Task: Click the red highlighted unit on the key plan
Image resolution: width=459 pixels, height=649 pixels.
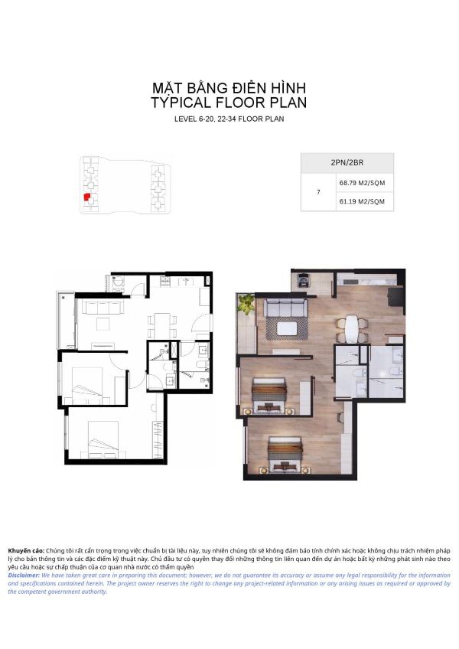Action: click(87, 197)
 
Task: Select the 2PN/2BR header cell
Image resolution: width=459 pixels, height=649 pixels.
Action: click(347, 163)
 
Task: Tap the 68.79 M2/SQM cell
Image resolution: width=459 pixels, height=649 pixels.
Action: click(362, 183)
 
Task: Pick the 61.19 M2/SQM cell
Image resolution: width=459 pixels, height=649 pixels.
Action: click(362, 201)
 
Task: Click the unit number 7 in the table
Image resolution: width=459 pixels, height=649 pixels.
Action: click(318, 192)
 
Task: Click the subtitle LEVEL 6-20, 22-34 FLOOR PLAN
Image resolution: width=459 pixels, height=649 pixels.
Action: click(229, 119)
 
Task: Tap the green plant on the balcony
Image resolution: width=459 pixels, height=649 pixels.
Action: click(246, 303)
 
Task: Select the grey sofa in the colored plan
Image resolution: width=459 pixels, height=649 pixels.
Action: click(285, 308)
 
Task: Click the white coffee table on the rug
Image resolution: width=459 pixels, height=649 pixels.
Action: click(287, 328)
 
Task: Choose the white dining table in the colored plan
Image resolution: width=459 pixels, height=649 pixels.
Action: click(351, 329)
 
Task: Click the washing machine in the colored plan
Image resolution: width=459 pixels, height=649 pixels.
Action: click(305, 281)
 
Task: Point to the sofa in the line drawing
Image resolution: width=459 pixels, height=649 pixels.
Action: click(103, 308)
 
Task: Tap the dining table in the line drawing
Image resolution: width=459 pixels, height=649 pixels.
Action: click(162, 325)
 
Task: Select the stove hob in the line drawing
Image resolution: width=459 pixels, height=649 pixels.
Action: click(164, 282)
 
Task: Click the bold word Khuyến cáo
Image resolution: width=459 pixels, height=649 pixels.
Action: click(26, 551)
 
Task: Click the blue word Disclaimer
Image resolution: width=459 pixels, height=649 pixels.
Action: click(24, 576)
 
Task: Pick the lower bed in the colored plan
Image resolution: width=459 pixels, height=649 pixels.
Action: click(285, 455)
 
